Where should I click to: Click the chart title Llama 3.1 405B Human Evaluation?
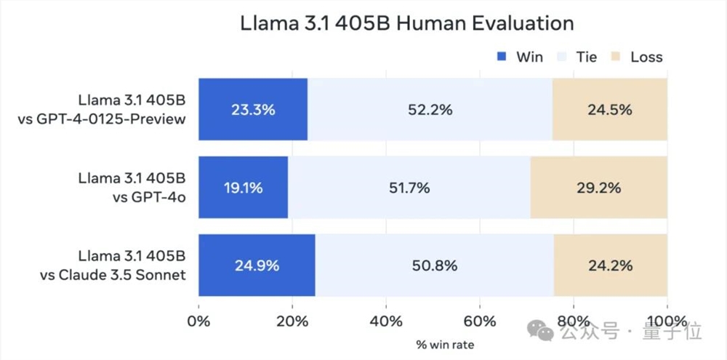(x=407, y=23)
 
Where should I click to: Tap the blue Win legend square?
(x=502, y=56)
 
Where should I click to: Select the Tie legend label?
(x=587, y=57)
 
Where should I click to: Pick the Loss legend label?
(x=646, y=57)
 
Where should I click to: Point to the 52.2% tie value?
(x=430, y=110)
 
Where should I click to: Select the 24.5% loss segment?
(x=609, y=110)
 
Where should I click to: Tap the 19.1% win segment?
(x=243, y=188)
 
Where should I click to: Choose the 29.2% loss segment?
(x=598, y=188)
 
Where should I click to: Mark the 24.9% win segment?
(x=257, y=265)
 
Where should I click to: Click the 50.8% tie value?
(x=435, y=265)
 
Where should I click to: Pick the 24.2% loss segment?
(x=610, y=265)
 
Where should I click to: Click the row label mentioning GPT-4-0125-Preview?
(x=102, y=110)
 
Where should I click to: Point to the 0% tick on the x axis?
(x=198, y=320)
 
